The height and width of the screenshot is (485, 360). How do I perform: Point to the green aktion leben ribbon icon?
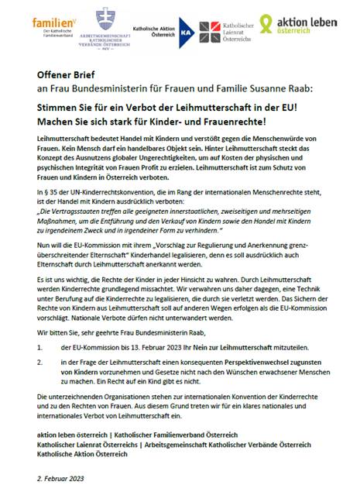267,22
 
